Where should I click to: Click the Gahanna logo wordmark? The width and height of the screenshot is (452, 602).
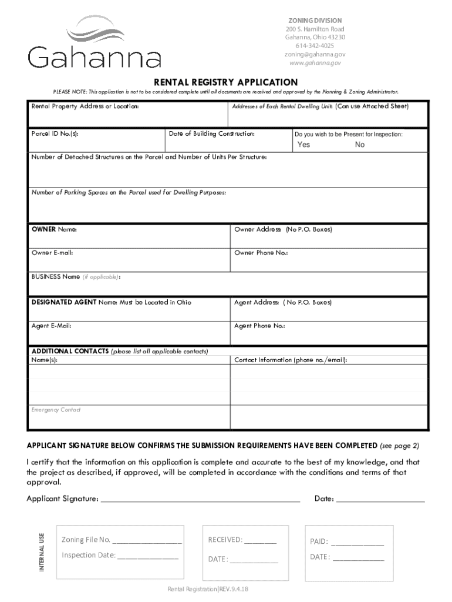click(94, 58)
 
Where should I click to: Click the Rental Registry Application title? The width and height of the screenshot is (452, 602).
click(225, 82)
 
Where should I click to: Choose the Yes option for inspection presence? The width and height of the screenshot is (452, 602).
click(303, 145)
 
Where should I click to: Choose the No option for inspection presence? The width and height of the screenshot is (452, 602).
click(360, 145)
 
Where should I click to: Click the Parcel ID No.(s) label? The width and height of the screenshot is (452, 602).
click(55, 134)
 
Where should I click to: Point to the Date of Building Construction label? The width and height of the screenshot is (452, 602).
click(211, 134)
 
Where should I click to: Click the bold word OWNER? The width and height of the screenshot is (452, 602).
click(43, 229)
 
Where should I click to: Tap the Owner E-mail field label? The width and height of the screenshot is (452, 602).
click(52, 253)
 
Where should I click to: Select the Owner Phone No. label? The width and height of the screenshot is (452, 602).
click(261, 253)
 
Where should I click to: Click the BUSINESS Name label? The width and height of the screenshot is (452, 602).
click(56, 276)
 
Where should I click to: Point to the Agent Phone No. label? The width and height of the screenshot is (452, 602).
click(259, 326)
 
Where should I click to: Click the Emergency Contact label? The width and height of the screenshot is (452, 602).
click(56, 410)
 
